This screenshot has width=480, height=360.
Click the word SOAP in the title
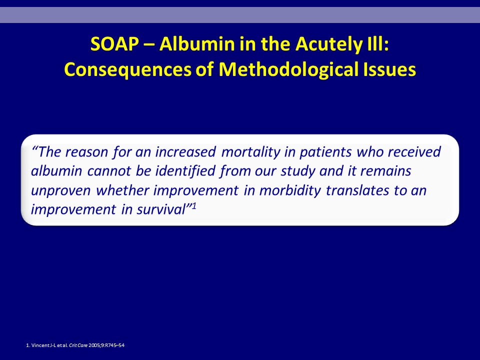coord(115,44)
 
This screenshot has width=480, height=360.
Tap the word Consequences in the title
coord(127,70)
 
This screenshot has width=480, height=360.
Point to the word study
coord(298,171)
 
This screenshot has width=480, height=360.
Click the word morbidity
coord(290,190)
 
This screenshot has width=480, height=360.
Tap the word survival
coord(161,209)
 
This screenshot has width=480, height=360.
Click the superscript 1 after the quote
coord(194,206)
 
